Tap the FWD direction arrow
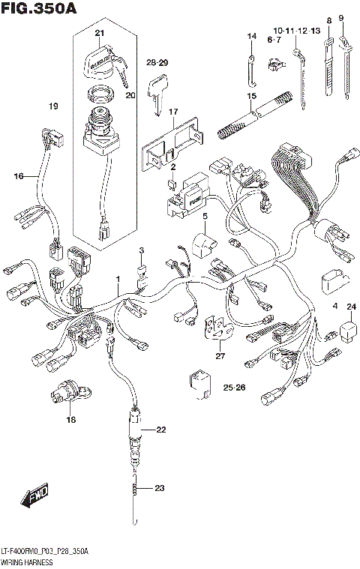[x=35, y=496]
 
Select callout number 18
[x=70, y=419]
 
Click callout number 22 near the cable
[x=160, y=430]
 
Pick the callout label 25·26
[x=234, y=387]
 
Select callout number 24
[x=350, y=307]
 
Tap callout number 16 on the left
[x=19, y=175]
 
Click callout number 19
[x=53, y=106]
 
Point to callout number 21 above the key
[x=100, y=33]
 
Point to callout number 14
[x=252, y=36]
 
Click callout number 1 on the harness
[x=117, y=279]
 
